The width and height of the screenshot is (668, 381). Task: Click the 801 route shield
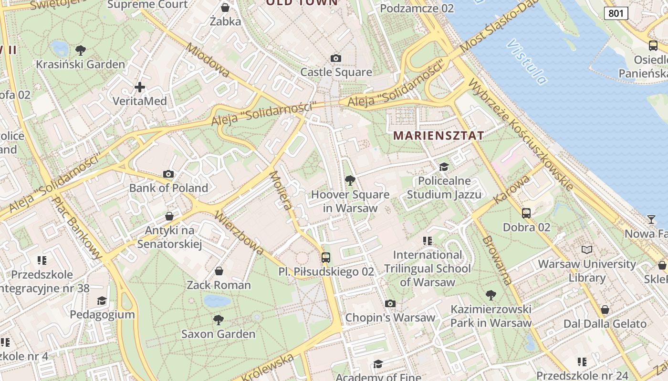point(616,13)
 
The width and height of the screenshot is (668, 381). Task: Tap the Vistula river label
point(527,62)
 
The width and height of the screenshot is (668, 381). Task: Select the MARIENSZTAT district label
point(438,135)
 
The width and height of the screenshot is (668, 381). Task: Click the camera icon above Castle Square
point(336,58)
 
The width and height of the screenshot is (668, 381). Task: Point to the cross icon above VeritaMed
point(139,87)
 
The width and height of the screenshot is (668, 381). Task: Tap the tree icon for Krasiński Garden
point(81,50)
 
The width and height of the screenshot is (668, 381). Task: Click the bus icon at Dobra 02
point(526,213)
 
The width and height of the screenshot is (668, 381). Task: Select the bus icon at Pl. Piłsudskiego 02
point(326,258)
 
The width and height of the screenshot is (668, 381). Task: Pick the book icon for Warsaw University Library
point(586,250)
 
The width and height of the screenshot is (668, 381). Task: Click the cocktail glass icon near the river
point(651,220)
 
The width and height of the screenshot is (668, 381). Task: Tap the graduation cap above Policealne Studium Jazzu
point(444,167)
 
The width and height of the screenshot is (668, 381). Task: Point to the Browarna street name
point(497,260)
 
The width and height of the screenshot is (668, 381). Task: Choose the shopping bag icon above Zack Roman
point(219,271)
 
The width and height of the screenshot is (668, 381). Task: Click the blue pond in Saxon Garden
point(217,301)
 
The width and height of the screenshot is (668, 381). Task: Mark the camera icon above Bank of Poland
point(168,174)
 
